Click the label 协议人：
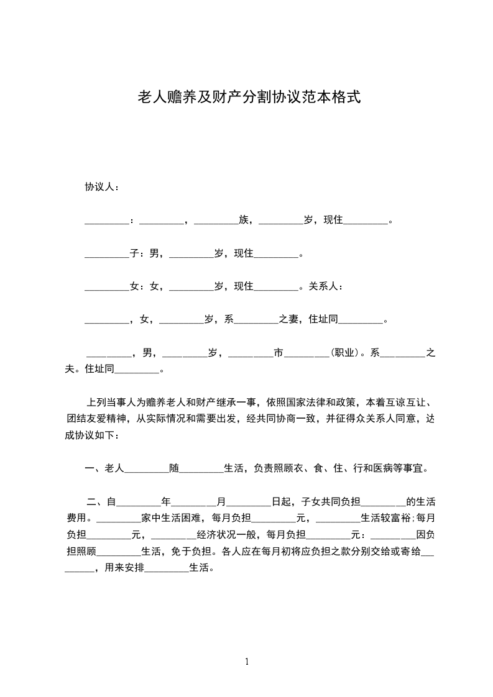(x=103, y=187)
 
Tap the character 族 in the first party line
(x=243, y=220)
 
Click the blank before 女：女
(x=106, y=288)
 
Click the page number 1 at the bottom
(x=247, y=662)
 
